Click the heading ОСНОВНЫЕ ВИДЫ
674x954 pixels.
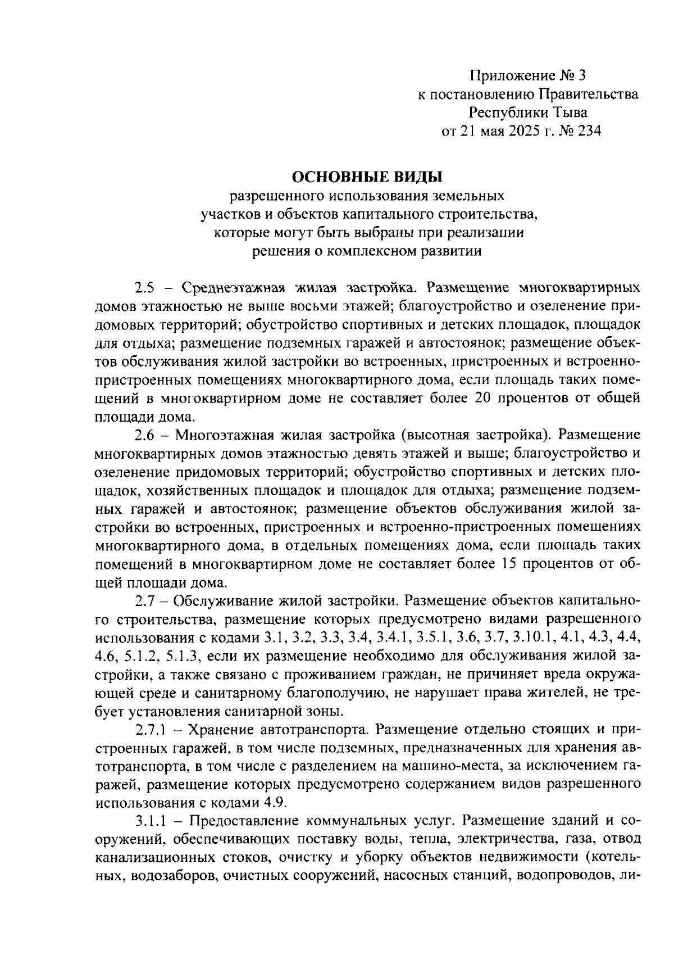[x=367, y=177]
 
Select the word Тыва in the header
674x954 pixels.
[x=566, y=112]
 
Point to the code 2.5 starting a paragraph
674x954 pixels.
[x=144, y=288]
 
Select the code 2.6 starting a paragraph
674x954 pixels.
[x=144, y=436]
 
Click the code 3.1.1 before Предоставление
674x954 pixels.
[x=152, y=821]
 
